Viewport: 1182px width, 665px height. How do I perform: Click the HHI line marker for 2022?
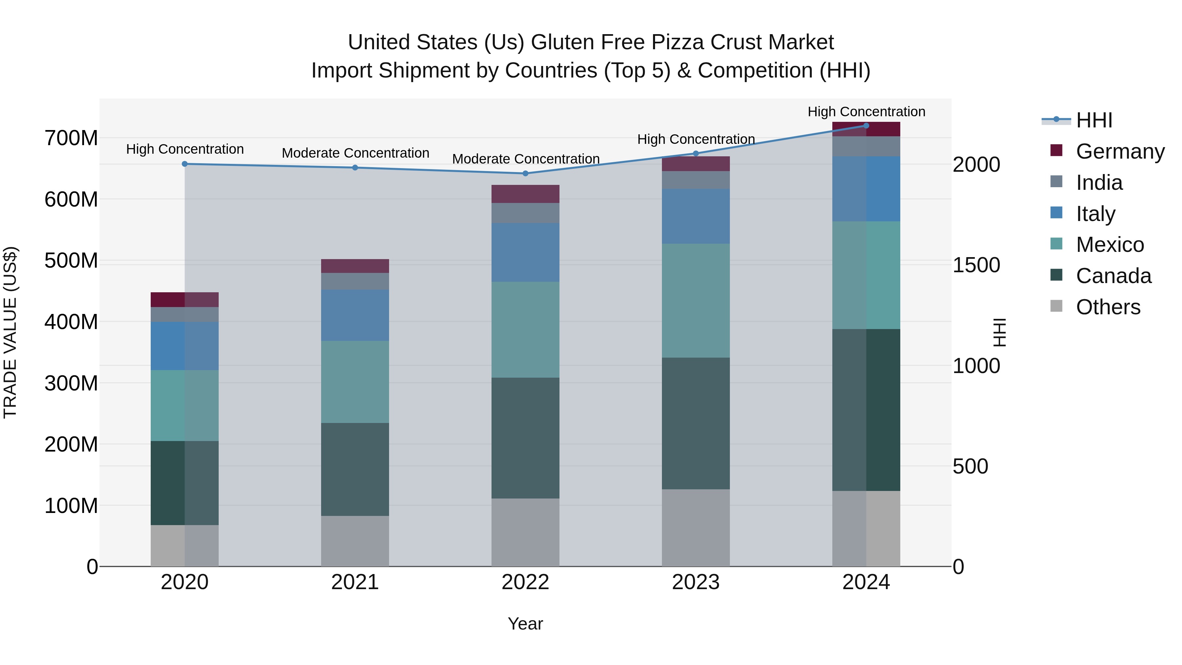[525, 173]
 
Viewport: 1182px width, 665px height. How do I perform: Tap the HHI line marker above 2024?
[866, 126]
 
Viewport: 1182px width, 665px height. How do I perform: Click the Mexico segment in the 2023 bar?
[696, 300]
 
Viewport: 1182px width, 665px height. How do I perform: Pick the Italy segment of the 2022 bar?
[525, 253]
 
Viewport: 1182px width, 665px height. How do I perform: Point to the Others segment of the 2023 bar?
[696, 528]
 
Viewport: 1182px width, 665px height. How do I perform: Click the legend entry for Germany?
[1120, 151]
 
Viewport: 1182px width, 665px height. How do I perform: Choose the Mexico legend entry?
[1109, 245]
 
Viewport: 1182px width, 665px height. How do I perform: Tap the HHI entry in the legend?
[1094, 120]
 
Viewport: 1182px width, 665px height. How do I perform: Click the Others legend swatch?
[1056, 306]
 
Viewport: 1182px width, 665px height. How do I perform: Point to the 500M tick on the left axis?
[71, 261]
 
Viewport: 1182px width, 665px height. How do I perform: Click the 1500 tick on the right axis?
[976, 265]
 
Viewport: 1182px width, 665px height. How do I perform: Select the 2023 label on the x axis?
[696, 582]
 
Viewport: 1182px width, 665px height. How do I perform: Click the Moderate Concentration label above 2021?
[355, 153]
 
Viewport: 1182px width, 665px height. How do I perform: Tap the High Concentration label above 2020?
[185, 149]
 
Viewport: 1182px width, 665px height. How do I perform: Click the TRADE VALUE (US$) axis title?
[10, 332]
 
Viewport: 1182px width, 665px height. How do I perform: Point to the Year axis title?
[525, 624]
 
